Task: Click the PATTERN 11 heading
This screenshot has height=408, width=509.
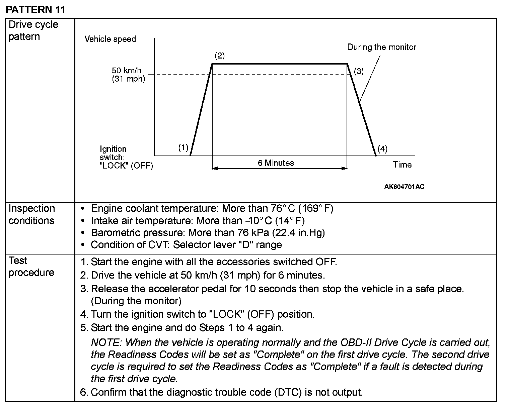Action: (35, 9)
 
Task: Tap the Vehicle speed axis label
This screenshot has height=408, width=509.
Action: (110, 39)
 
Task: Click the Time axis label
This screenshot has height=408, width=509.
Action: (402, 165)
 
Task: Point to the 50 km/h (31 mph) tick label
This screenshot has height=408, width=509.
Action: (128, 75)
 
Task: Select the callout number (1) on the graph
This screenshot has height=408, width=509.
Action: (183, 147)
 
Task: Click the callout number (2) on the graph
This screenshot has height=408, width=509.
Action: (219, 56)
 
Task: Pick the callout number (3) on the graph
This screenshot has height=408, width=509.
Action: (359, 71)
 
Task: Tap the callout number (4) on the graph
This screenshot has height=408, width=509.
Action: (382, 149)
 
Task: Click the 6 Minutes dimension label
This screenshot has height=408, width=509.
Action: (276, 163)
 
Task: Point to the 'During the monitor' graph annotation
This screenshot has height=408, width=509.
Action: (381, 47)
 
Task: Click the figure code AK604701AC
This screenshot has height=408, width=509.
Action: (404, 187)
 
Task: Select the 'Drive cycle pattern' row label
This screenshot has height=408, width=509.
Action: (33, 30)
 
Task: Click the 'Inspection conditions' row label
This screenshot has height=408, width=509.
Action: (31, 214)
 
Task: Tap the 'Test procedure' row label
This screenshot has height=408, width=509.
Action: (31, 266)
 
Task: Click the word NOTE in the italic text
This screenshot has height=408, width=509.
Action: (105, 342)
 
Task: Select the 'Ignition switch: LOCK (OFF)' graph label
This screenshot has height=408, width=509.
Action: (126, 157)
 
